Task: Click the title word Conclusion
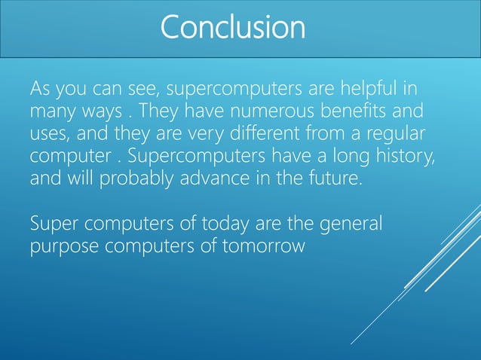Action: click(x=233, y=28)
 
